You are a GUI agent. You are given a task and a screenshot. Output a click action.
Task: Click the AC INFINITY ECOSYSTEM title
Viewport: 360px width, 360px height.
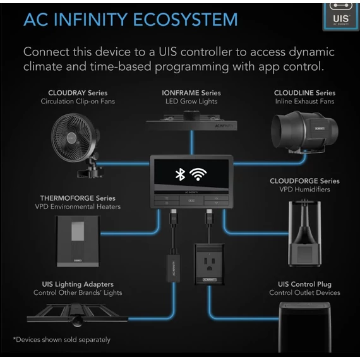pos(130,19)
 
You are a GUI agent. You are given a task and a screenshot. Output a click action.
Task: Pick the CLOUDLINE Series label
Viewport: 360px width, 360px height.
pos(304,93)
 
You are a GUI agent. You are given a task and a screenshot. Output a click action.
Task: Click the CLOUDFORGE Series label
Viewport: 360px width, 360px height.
pos(304,181)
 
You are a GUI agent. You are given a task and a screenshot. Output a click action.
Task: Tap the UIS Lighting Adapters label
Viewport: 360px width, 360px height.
pos(78,284)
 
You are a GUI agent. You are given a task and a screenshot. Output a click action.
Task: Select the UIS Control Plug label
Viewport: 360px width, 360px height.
pos(304,284)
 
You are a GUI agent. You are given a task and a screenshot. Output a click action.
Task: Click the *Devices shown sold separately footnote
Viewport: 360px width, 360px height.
pos(62,340)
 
